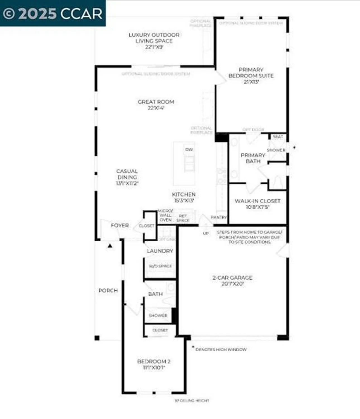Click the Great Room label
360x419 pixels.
click(x=156, y=105)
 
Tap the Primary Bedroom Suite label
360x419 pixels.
click(x=251, y=76)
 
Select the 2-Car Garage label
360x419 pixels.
click(x=232, y=280)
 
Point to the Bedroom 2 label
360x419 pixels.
click(x=154, y=364)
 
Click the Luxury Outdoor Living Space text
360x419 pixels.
click(x=154, y=41)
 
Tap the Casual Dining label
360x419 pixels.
click(x=127, y=177)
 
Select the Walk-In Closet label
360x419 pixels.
click(x=258, y=204)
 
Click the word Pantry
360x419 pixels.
click(x=219, y=217)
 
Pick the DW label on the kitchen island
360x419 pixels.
click(x=189, y=149)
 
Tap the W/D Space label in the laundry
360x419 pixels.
click(x=160, y=266)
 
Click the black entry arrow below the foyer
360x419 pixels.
click(x=110, y=246)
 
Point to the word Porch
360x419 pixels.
click(x=108, y=291)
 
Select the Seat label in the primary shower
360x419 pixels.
click(x=278, y=137)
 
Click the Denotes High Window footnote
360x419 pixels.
click(x=221, y=349)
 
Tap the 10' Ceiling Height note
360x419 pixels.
click(x=192, y=401)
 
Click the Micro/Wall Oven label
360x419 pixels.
click(x=165, y=215)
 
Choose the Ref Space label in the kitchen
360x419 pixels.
click(x=183, y=218)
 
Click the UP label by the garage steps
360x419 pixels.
click(x=206, y=233)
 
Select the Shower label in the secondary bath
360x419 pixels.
click(x=158, y=315)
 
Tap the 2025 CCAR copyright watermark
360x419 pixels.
click(x=53, y=13)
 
